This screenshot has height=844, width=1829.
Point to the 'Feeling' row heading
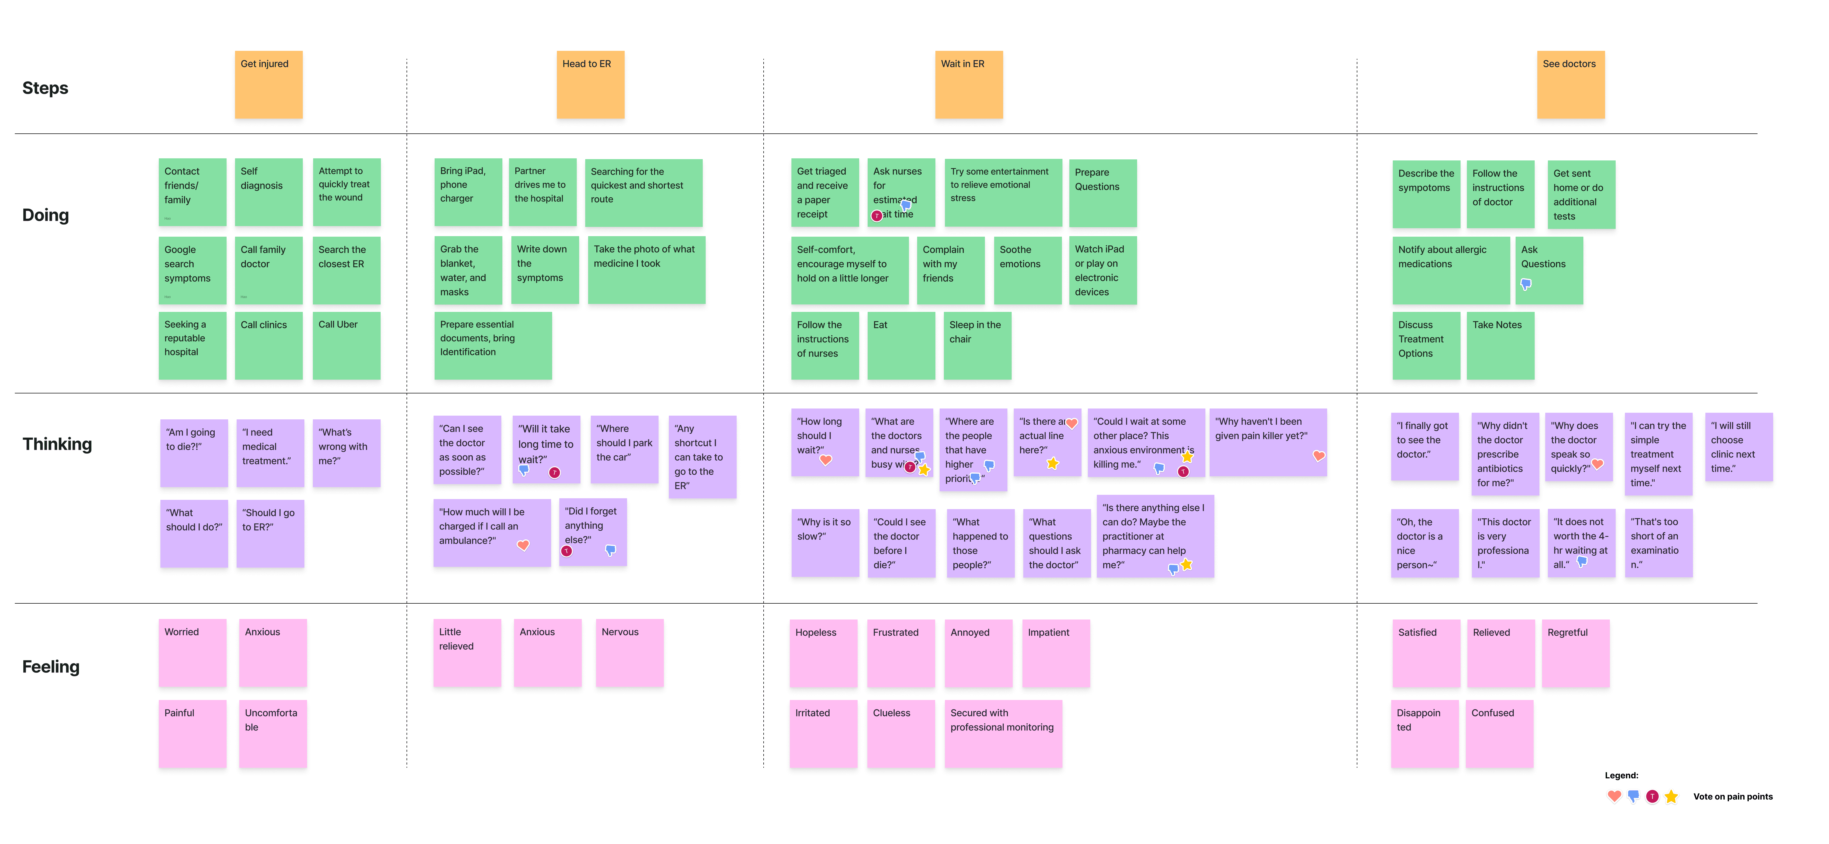[x=50, y=666]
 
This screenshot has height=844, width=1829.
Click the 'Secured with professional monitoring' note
[x=1003, y=733]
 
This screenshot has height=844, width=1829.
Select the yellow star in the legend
[x=1671, y=796]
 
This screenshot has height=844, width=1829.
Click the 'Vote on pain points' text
[x=1732, y=796]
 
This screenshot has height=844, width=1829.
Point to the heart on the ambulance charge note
[x=523, y=545]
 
